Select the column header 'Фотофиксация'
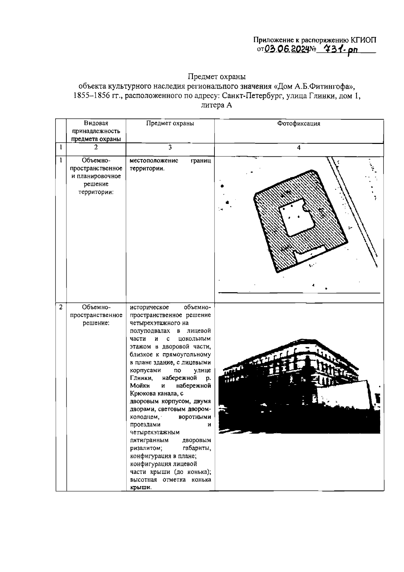(x=299, y=123)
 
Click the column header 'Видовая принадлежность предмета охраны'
(x=96, y=131)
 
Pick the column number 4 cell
(x=299, y=148)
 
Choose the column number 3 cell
(x=170, y=147)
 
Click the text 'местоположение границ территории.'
(x=170, y=164)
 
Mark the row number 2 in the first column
(x=61, y=307)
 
